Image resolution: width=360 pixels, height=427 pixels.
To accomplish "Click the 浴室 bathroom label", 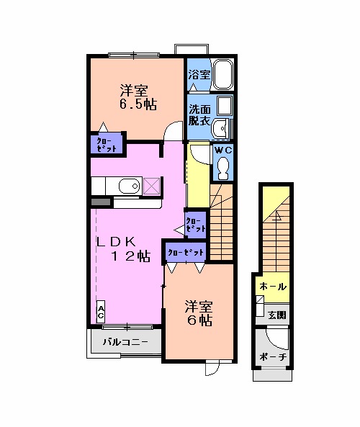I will pyautogui.click(x=199, y=74).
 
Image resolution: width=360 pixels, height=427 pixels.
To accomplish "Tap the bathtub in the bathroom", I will pyautogui.click(x=224, y=75).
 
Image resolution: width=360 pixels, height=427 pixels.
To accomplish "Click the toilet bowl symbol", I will pyautogui.click(x=223, y=168).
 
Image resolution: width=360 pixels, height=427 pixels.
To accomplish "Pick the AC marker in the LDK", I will pyautogui.click(x=101, y=312).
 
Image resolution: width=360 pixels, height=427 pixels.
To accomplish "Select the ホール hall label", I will pyautogui.click(x=273, y=287).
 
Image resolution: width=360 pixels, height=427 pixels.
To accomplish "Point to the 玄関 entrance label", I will pyautogui.click(x=277, y=314).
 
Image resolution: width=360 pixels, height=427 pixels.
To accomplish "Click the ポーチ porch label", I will pyautogui.click(x=273, y=358).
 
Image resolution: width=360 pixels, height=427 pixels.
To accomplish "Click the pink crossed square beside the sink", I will pyautogui.click(x=151, y=186).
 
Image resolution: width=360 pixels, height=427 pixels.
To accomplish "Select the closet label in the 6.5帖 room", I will pyautogui.click(x=107, y=145).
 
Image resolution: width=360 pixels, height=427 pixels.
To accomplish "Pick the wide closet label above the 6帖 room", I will pyautogui.click(x=186, y=252).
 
